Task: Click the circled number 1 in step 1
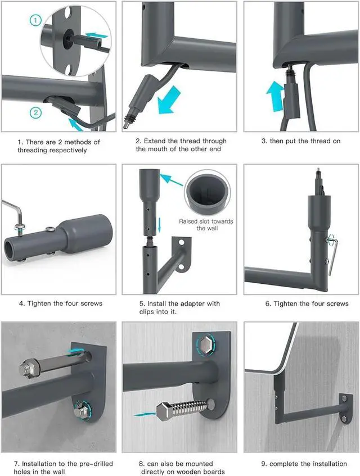click(x=36, y=21)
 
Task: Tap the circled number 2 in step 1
click(x=36, y=113)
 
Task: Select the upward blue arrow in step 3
click(x=275, y=96)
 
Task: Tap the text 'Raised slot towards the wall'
click(x=206, y=225)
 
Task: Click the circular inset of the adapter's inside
click(x=208, y=192)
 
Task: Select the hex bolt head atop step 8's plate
click(x=206, y=344)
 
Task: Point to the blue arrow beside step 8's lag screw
click(x=145, y=414)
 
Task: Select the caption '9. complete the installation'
click(x=304, y=464)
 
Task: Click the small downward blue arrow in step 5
click(x=158, y=225)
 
